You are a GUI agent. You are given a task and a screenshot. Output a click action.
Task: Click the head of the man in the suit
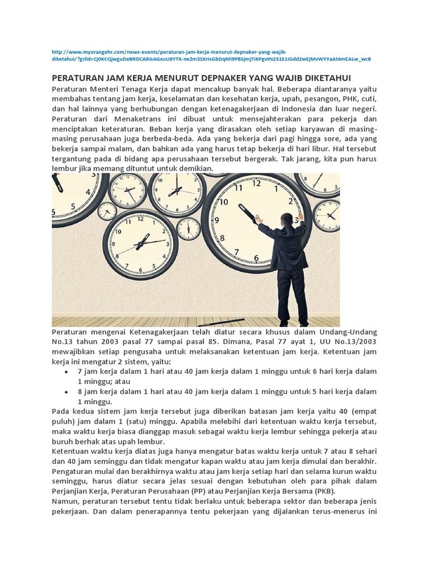pos(287,219)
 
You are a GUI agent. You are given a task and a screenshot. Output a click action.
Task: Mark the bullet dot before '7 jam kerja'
pos(66,372)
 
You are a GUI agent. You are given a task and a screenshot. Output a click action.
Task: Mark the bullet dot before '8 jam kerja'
pos(66,392)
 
